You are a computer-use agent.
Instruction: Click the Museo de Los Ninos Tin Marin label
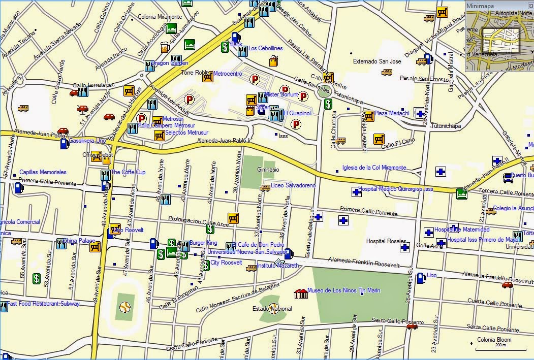tap(343, 290)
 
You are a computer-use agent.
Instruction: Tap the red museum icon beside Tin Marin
tap(301, 293)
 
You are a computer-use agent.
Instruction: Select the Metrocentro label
tap(227, 74)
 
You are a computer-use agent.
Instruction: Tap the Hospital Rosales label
tap(386, 241)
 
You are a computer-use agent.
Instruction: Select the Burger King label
tap(203, 243)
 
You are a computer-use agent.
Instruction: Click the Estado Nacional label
tap(272, 309)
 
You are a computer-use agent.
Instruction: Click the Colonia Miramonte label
tap(160, 17)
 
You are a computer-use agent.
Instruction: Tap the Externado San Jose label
tap(377, 61)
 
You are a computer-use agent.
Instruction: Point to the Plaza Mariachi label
tap(392, 113)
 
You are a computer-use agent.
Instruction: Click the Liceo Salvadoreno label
tap(293, 185)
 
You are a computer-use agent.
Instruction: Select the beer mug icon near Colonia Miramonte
tap(165, 47)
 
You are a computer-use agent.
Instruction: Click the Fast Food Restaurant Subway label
tap(44, 304)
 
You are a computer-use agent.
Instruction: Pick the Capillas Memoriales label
tap(43, 172)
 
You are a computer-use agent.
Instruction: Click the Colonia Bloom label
tap(494, 340)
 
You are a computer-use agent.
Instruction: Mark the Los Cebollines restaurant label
tap(265, 48)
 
